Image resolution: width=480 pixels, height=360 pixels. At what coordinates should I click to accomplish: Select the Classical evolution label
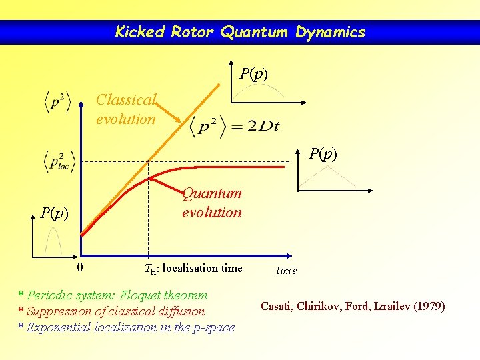[126, 109]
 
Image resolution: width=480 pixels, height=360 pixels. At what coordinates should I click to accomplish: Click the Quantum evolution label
[212, 203]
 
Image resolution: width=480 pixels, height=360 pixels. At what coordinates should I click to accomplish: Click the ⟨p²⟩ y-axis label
[58, 101]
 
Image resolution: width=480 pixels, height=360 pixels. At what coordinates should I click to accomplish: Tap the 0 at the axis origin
[79, 268]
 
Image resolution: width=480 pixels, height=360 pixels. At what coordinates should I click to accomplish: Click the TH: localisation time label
[193, 269]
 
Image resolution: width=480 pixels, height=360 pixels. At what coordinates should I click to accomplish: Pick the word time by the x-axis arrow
[287, 271]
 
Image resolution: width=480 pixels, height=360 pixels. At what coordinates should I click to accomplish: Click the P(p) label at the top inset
[254, 73]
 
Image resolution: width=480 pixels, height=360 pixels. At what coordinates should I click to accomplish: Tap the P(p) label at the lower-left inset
[54, 213]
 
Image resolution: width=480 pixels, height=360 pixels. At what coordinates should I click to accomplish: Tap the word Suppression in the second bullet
[60, 311]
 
